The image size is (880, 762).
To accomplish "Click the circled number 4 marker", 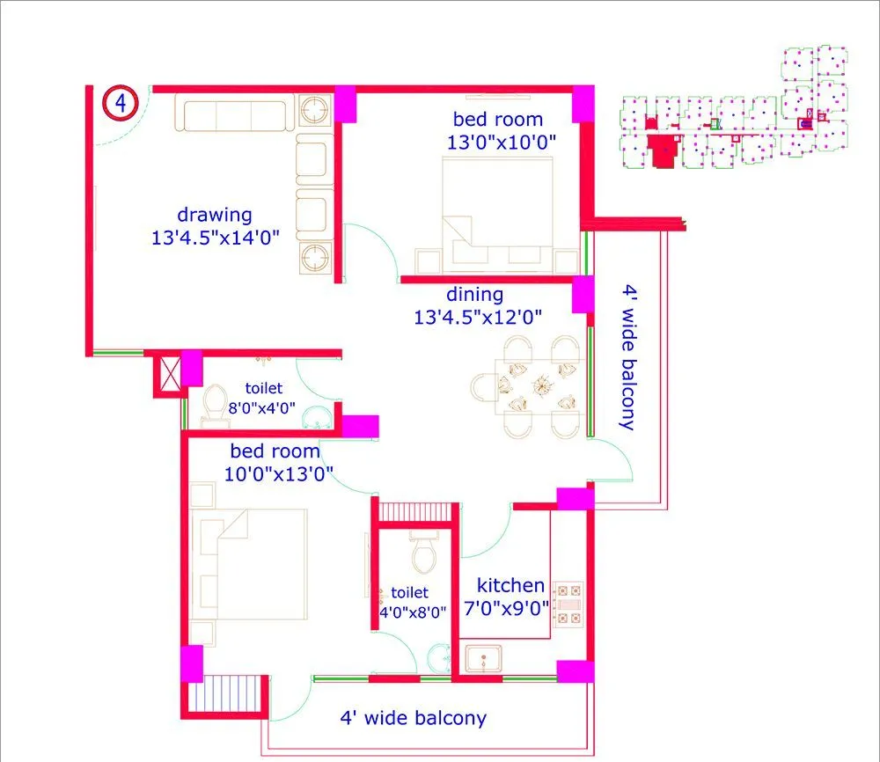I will (x=120, y=103).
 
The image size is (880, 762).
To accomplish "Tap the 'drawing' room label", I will (x=215, y=214).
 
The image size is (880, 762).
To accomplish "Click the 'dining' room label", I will (x=474, y=295).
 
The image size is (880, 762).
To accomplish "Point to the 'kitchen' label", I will (x=510, y=585).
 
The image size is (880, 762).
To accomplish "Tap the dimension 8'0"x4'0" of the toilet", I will (x=262, y=408).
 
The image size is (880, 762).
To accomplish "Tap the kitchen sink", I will (x=482, y=659).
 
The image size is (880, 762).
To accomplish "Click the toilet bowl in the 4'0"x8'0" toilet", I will (x=423, y=554).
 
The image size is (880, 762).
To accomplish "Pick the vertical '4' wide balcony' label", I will (x=627, y=356).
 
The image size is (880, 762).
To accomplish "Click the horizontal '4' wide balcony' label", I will (x=413, y=718).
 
